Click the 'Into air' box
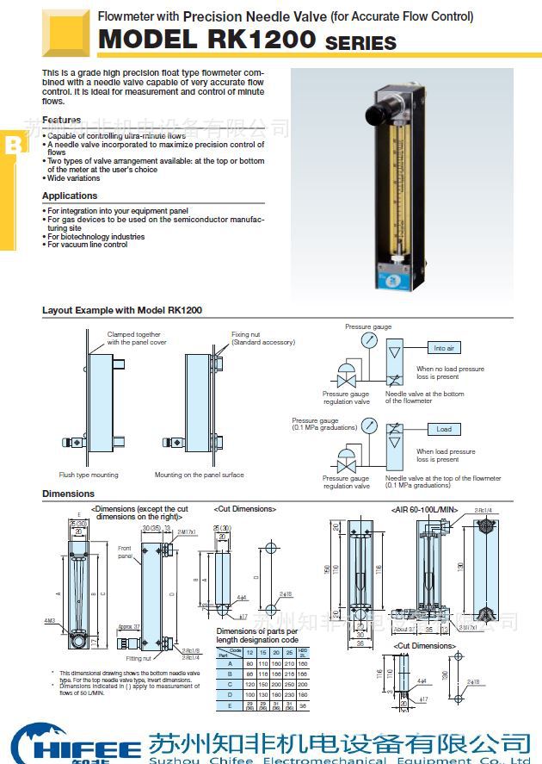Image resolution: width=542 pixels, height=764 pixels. click(x=444, y=348)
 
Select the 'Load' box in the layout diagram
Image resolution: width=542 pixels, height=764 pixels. click(x=444, y=429)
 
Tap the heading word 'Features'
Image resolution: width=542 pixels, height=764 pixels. click(x=62, y=120)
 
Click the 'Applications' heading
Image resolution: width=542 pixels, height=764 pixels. click(x=70, y=196)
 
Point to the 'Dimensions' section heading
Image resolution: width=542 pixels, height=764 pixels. click(x=68, y=494)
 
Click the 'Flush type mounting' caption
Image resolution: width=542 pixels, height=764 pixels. click(x=89, y=475)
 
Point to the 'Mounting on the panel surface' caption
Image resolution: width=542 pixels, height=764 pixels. click(x=199, y=475)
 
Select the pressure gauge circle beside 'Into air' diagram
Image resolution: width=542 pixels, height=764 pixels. click(x=369, y=340)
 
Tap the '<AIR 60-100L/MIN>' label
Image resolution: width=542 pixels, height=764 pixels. click(x=425, y=509)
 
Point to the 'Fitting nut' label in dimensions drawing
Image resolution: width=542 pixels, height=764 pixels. click(x=139, y=657)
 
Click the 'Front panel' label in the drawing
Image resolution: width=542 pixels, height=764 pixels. click(x=125, y=552)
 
